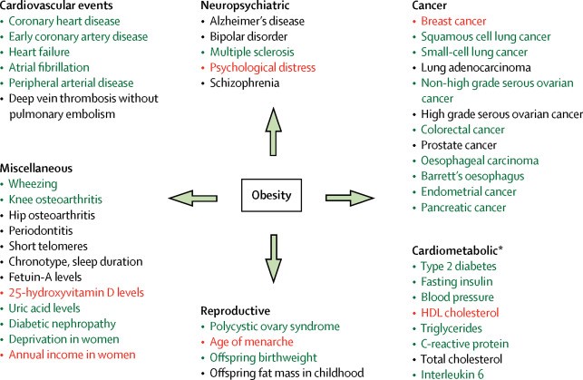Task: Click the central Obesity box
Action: [272, 195]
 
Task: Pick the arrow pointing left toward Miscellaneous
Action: [192, 195]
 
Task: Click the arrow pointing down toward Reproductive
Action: [272, 257]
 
